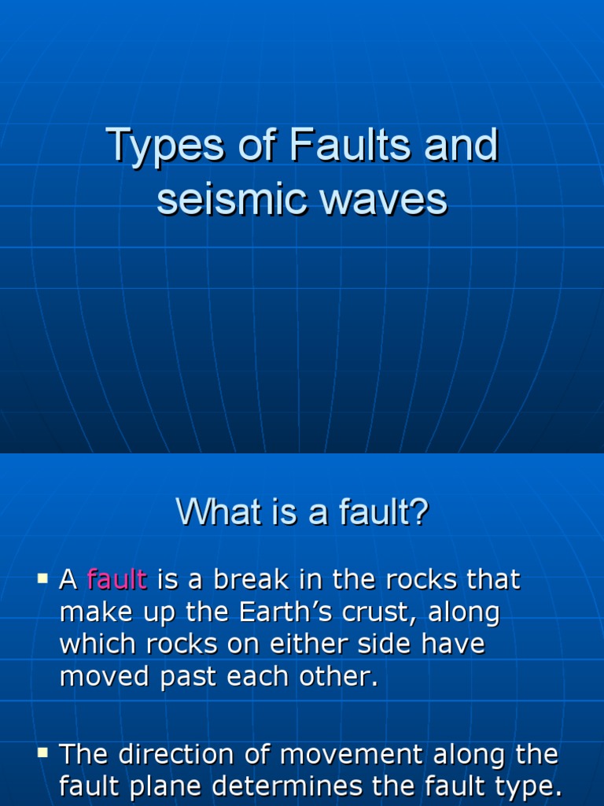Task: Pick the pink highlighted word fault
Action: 117,580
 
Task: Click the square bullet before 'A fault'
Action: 42,579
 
